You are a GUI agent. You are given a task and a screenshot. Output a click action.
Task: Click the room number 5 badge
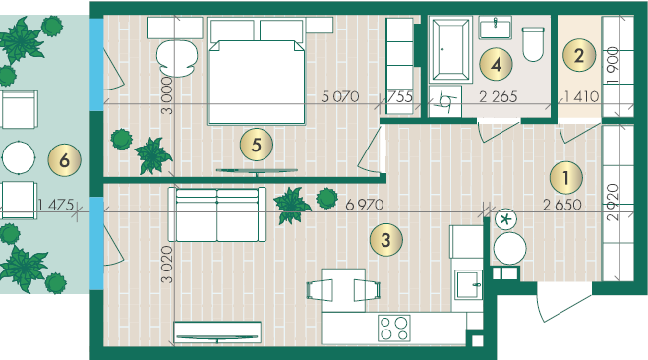(x=257, y=145)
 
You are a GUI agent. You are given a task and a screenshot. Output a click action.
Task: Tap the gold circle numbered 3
(x=385, y=239)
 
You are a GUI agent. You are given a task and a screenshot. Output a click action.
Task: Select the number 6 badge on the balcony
(x=64, y=160)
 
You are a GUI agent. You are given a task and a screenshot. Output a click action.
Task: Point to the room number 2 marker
(x=579, y=55)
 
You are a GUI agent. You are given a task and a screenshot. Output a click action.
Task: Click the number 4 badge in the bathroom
(x=496, y=64)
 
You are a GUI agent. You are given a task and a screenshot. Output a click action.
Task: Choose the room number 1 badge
(x=565, y=178)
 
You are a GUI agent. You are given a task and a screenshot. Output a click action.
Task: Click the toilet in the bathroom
(x=533, y=44)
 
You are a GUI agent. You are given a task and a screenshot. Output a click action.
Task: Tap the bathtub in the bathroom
(x=450, y=49)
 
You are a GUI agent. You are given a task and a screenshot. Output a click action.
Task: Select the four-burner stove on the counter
(x=394, y=328)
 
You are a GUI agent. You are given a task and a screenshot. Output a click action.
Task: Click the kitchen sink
(x=468, y=284)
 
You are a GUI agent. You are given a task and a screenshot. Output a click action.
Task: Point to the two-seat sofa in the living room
(x=217, y=214)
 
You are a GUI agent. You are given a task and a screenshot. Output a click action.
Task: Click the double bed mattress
(x=257, y=82)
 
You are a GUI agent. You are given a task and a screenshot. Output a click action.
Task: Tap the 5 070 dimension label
(x=340, y=96)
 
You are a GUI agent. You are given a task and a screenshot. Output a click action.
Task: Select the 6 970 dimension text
(x=364, y=205)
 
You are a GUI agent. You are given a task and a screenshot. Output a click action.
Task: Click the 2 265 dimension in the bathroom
(x=498, y=96)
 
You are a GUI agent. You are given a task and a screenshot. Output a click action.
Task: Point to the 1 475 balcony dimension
(x=56, y=205)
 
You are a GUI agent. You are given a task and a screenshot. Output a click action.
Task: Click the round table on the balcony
(x=18, y=157)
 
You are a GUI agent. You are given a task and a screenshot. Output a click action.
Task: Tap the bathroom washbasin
(x=495, y=28)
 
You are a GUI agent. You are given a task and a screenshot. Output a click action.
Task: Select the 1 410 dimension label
(x=581, y=96)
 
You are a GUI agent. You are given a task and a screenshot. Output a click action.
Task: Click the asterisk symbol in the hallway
(x=505, y=219)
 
